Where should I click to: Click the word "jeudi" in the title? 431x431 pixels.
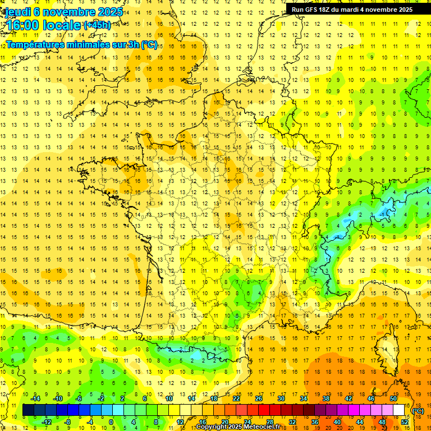click(16, 12)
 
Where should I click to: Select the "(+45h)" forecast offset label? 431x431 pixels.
click(97, 25)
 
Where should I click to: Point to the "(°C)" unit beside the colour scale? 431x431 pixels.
click(418, 411)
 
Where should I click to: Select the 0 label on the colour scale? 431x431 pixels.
click(111, 422)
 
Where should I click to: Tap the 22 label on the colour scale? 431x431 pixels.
click(236, 398)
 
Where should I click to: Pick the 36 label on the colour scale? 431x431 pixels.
click(315, 422)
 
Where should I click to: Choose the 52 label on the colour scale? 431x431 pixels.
click(405, 422)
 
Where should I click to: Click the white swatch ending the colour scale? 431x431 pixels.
click(399, 410)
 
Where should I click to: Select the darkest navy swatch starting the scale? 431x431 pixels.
click(28, 410)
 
